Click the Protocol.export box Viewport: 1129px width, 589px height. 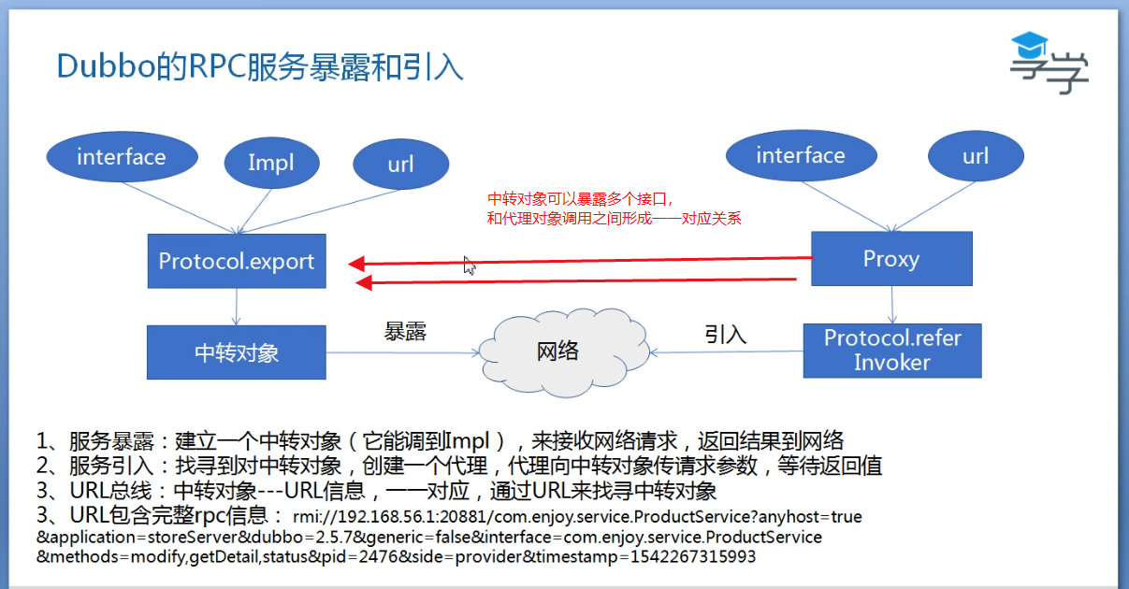(237, 261)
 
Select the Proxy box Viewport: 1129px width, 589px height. (890, 259)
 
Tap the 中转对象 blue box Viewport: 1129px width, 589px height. (237, 352)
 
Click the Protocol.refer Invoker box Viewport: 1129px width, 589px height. (892, 351)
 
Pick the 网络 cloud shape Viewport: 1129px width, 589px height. (557, 352)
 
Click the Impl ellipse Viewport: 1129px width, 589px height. (271, 163)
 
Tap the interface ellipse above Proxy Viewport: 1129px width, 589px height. (801, 156)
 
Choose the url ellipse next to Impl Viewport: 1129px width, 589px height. (400, 165)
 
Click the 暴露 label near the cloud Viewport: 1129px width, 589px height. (406, 332)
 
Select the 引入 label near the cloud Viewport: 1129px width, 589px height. (726, 334)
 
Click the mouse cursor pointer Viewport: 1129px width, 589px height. (470, 266)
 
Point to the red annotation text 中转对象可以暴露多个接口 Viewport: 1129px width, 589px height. (581, 199)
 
